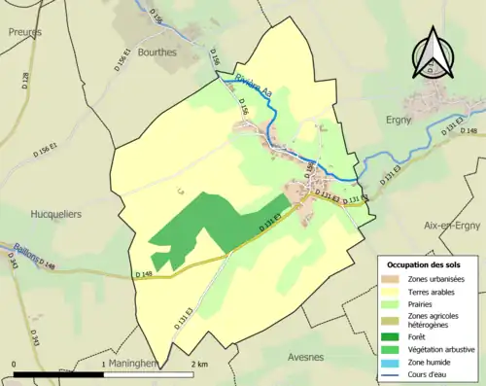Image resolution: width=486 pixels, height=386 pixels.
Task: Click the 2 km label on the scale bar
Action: [198, 364]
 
